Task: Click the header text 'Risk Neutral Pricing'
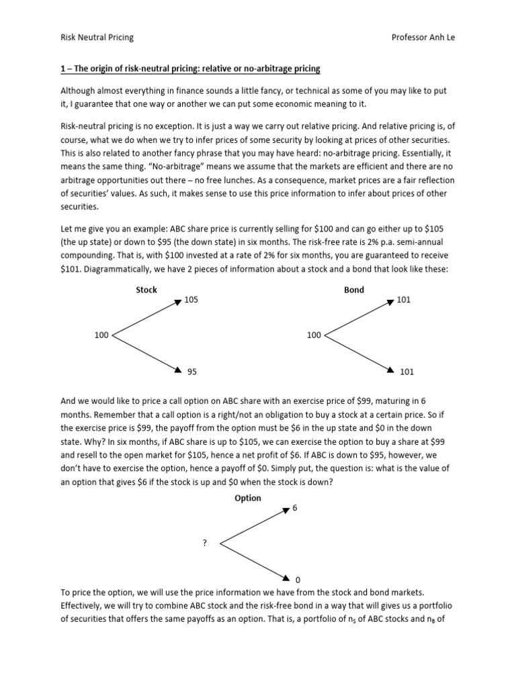97,37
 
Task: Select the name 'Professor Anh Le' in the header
423,37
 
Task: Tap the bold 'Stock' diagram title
146,290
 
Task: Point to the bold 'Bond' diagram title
354,290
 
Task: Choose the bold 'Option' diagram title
247,498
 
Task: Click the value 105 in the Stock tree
192,301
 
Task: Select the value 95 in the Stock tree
191,371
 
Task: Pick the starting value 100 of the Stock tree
101,335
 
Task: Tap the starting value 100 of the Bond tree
314,335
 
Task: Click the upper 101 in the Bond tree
403,301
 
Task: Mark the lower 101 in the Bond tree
407,371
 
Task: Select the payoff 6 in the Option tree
294,509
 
